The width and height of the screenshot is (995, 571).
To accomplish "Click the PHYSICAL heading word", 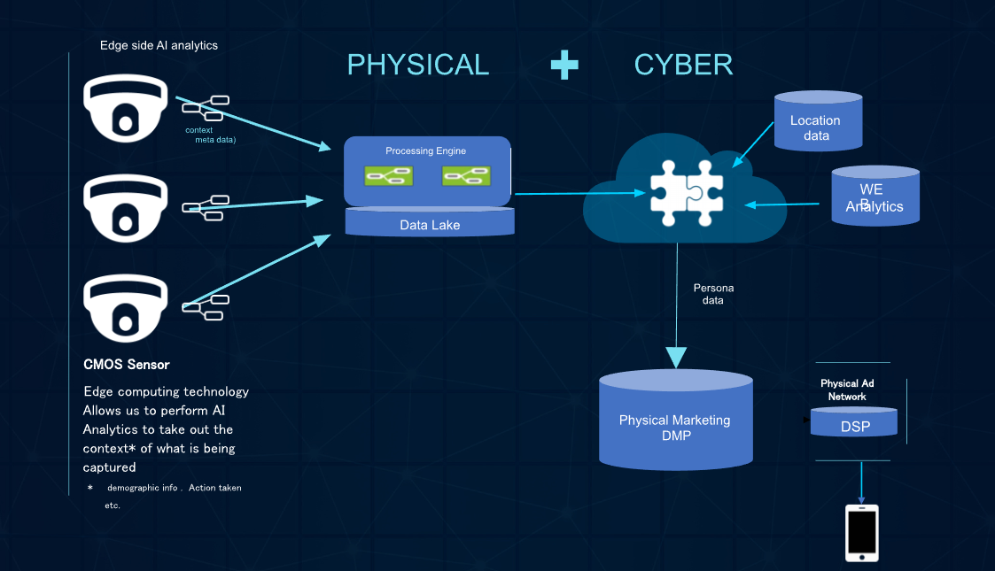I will [417, 65].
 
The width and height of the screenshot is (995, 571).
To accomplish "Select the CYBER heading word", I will [683, 65].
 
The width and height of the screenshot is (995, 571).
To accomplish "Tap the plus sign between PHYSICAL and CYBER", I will [564, 65].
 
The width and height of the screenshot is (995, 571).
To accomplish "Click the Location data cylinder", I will [817, 122].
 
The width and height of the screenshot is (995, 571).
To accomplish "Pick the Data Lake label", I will [430, 225].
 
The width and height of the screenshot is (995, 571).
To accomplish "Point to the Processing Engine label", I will [425, 151].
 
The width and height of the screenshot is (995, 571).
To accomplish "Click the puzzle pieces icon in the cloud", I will [686, 189].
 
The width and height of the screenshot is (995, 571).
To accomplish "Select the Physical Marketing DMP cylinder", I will [675, 421].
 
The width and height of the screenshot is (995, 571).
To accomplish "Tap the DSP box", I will [854, 426].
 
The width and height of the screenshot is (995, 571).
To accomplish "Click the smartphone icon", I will [861, 533].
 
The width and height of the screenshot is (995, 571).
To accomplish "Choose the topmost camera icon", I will [125, 108].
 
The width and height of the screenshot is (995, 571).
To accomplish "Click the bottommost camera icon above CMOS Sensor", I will [125, 308].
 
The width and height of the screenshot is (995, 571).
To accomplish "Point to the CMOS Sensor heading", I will [126, 365].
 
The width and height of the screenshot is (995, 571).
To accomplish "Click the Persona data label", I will [713, 294].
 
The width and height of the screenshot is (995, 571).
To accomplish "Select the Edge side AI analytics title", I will [159, 45].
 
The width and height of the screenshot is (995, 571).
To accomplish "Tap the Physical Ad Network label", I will [847, 390].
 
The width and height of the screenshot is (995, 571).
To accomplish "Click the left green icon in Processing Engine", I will [388, 176].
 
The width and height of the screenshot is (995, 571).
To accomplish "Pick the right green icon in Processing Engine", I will [465, 176].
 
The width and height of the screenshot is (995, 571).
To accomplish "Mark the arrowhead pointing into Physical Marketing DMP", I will [676, 357].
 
